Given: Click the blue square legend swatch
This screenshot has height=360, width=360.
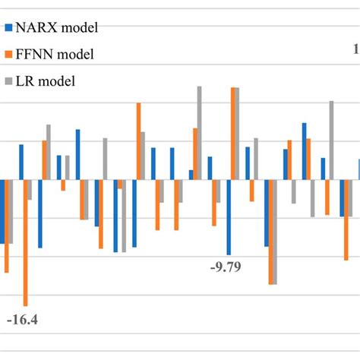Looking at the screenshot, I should pos(8,29).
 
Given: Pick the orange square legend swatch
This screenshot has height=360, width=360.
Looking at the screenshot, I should pos(8,55).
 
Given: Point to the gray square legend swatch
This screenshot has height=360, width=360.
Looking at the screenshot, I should pos(8,81).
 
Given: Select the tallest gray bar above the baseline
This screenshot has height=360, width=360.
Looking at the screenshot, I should pos(200,132).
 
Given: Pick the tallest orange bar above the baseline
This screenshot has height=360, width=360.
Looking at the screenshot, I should pos(233,134).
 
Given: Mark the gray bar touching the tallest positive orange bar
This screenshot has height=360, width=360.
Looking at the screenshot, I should pos(238,134).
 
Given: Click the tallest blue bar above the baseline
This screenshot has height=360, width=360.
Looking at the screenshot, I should pos(304,151).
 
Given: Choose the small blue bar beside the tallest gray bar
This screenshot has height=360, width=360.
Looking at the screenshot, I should pos(191,175).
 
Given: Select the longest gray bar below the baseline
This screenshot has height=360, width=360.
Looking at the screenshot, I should pos(275,232).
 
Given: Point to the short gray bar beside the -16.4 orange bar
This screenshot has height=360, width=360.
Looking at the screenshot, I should pos(30,189).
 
